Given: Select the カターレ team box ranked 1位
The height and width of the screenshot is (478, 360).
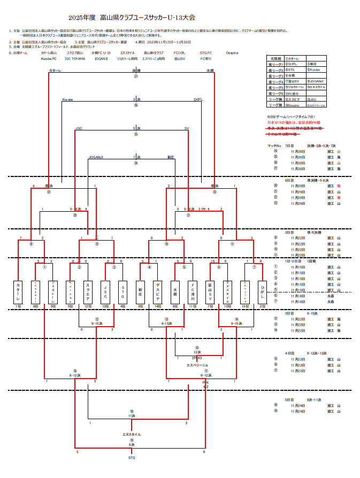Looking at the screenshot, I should point(18,292).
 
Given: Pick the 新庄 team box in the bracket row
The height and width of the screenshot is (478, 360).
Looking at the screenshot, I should point(140,292).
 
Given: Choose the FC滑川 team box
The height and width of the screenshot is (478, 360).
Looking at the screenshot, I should point(192,292).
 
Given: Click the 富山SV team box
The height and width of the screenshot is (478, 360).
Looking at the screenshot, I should point(210,292).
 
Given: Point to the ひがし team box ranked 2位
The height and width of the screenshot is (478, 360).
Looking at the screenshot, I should point(262,292).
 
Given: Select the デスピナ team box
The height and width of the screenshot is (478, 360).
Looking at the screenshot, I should point(157,292).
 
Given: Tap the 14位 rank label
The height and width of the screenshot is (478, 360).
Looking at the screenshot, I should point(157,306).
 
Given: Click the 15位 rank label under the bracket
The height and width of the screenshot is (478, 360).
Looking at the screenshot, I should point(244,306).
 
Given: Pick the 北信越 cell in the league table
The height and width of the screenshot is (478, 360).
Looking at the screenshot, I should point(275,58).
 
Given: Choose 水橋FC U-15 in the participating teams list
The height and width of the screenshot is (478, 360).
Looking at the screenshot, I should point(101,53).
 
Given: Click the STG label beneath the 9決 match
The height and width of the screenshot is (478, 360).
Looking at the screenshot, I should point(132,458).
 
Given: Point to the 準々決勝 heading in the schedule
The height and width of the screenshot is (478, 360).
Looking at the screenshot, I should point(313,233).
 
